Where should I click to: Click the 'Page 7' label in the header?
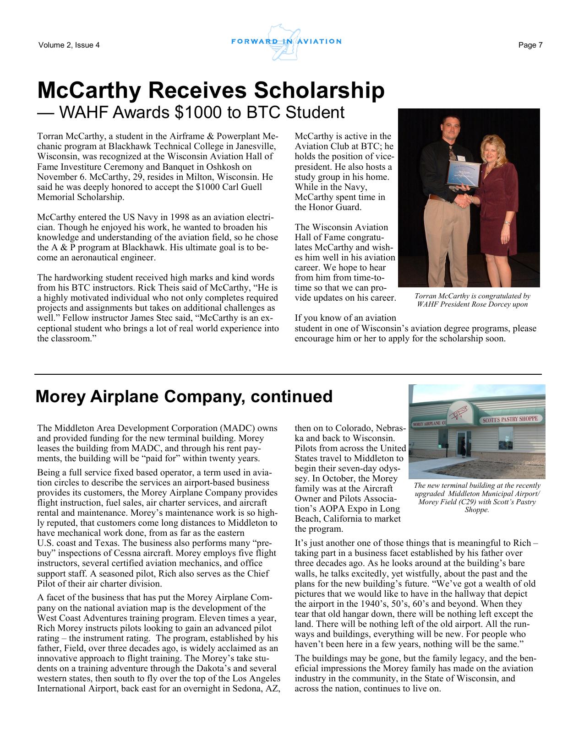coord(530,45)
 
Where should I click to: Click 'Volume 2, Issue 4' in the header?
coord(69,45)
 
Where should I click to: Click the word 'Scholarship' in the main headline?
coord(319,90)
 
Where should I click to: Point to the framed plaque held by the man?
coord(464,174)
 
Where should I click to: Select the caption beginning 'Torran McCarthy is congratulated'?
coord(472,300)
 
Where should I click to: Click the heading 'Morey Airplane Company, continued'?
coord(184,396)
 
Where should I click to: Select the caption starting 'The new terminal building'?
coord(476,497)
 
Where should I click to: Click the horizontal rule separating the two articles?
coord(288,374)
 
